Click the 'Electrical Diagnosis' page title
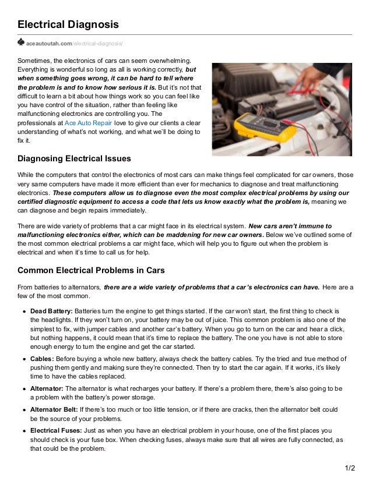point(68,24)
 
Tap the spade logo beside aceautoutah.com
point(21,43)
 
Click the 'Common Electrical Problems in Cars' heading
point(92,270)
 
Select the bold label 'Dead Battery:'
point(51,310)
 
